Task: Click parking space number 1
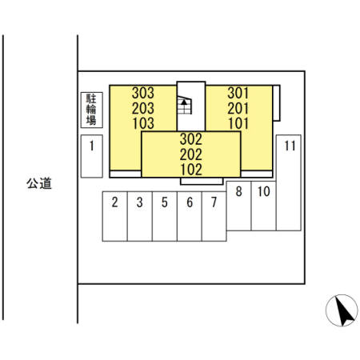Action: point(92,156)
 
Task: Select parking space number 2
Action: point(115,216)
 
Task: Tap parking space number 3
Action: point(140,216)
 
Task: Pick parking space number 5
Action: point(165,216)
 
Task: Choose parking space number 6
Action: point(190,216)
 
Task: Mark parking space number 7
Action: point(214,216)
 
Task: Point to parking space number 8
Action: point(238,206)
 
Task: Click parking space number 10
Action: point(264,206)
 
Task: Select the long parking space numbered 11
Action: point(289,182)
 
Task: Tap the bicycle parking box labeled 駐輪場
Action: point(92,110)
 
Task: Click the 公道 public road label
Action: point(39,183)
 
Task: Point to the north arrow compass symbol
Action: point(342,310)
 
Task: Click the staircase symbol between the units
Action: point(185,105)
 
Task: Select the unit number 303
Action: point(143,93)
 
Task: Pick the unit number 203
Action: point(143,108)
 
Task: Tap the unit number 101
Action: point(238,123)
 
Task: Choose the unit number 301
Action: point(238,93)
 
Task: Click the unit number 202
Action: point(191,154)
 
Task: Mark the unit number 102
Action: point(191,170)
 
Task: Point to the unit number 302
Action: point(191,139)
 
